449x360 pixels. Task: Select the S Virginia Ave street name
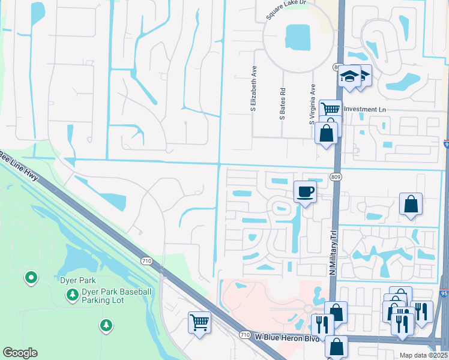312,104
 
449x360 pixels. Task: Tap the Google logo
20,353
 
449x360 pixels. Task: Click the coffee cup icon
305,191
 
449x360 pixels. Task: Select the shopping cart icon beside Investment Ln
330,109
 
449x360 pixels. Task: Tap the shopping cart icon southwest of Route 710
199,322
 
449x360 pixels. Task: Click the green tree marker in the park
106,325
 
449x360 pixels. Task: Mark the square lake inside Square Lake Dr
298,38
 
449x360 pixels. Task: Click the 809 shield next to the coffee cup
335,177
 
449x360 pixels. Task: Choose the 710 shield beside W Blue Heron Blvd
244,334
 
